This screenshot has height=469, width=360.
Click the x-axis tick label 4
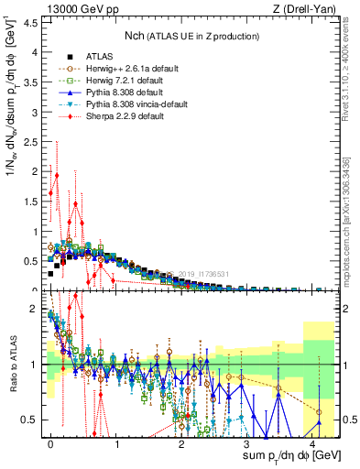pos(314,442)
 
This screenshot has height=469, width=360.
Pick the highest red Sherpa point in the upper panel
pos(57,175)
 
